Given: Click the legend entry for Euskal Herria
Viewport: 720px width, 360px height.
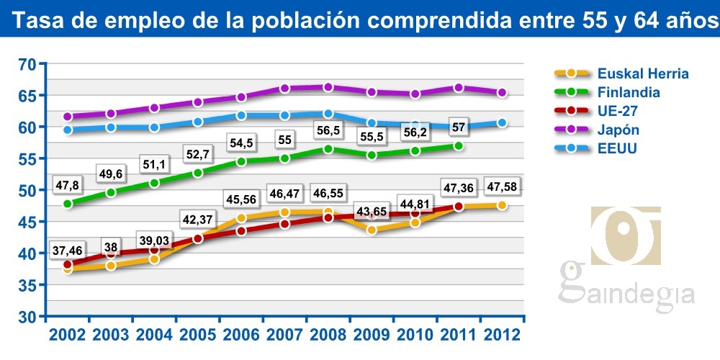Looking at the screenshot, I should click(643, 73).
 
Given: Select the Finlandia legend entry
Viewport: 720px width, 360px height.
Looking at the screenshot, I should click(629, 92).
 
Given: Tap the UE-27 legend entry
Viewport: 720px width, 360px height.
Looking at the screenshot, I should click(618, 111).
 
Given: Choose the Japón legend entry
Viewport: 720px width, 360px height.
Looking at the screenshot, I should click(618, 130).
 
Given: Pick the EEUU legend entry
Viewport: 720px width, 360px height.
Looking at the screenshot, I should click(617, 148).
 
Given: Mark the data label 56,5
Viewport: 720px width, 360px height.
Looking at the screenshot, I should click(328, 130).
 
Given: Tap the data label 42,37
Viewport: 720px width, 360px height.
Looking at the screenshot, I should click(198, 219).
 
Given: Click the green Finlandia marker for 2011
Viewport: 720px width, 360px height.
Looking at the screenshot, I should click(459, 145).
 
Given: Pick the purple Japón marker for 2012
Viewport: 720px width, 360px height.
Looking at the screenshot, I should click(502, 92).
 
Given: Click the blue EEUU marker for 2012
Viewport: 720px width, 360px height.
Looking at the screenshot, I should click(502, 122).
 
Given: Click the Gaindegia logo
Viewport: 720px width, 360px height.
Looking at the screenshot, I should click(626, 259).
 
